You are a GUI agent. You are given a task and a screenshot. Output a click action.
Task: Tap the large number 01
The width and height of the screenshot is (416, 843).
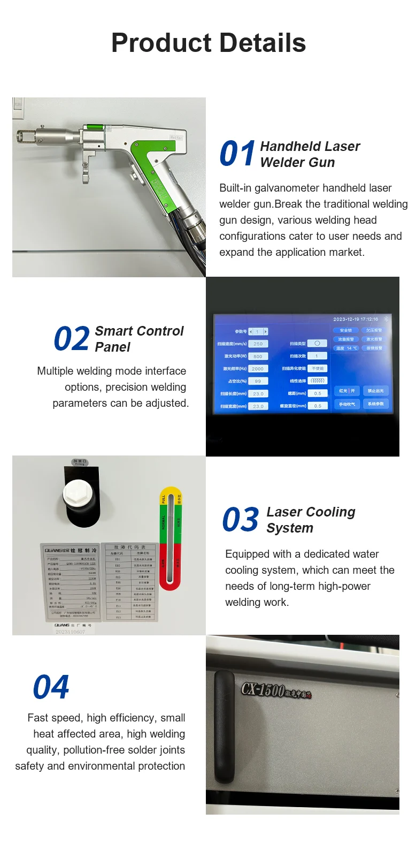[237, 154]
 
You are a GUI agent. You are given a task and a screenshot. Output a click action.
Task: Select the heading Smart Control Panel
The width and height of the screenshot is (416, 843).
[138, 339]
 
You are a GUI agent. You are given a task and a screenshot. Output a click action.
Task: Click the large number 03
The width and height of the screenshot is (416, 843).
[241, 520]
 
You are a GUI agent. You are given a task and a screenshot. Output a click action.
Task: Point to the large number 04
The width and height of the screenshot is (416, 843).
[51, 687]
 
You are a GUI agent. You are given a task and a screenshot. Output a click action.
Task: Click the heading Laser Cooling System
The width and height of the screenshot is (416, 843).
[311, 520]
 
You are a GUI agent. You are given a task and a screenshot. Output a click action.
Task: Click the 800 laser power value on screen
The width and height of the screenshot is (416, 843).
[258, 356]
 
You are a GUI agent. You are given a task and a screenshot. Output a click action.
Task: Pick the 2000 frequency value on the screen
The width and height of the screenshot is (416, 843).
[258, 369]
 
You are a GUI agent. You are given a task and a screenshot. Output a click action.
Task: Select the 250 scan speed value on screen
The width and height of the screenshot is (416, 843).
[258, 344]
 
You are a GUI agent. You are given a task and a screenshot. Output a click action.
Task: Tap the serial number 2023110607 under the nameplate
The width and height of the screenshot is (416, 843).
[70, 632]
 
